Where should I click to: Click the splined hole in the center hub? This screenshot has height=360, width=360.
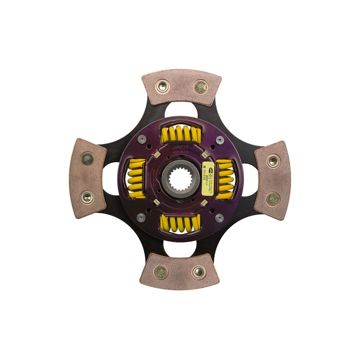180,179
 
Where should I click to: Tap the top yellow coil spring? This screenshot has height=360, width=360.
180,133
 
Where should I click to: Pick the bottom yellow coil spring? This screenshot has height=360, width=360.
180,223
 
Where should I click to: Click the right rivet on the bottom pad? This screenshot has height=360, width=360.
198,271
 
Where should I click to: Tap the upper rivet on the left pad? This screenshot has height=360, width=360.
87,158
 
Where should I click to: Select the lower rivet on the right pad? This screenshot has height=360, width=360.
272,199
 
